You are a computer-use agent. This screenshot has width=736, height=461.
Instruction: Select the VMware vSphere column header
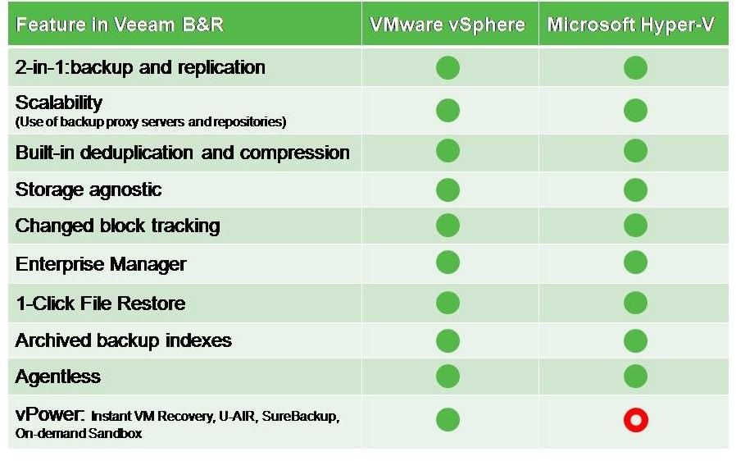(x=448, y=25)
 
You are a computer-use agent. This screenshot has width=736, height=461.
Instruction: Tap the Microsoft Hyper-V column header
(x=631, y=25)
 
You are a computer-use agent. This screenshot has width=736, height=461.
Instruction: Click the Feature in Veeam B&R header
(x=120, y=25)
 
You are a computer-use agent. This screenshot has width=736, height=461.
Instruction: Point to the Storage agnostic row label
(x=89, y=189)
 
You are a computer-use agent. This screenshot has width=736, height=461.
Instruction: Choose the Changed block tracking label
(x=117, y=226)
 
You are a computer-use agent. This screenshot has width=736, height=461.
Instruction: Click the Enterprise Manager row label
(x=101, y=264)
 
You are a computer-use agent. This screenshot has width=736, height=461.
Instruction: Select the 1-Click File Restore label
(x=101, y=304)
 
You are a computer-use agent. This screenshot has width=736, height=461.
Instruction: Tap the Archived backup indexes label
(x=124, y=340)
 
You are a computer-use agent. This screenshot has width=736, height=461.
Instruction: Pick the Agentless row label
(x=57, y=377)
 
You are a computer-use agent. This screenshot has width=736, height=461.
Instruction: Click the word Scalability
(x=59, y=103)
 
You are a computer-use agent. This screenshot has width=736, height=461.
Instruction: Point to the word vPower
(x=50, y=414)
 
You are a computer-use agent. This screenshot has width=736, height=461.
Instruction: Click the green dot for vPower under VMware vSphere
(x=448, y=420)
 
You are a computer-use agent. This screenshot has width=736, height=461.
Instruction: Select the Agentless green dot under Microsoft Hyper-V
(x=635, y=377)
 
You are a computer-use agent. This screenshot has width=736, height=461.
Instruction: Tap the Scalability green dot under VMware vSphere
(x=448, y=111)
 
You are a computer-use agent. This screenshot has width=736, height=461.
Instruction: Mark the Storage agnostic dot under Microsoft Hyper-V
(x=635, y=189)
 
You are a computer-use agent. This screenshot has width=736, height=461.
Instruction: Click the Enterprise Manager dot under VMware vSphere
(x=448, y=262)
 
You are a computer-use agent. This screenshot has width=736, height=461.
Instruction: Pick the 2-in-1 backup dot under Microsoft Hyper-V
(x=635, y=67)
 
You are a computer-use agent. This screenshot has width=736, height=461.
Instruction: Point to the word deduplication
(x=137, y=153)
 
